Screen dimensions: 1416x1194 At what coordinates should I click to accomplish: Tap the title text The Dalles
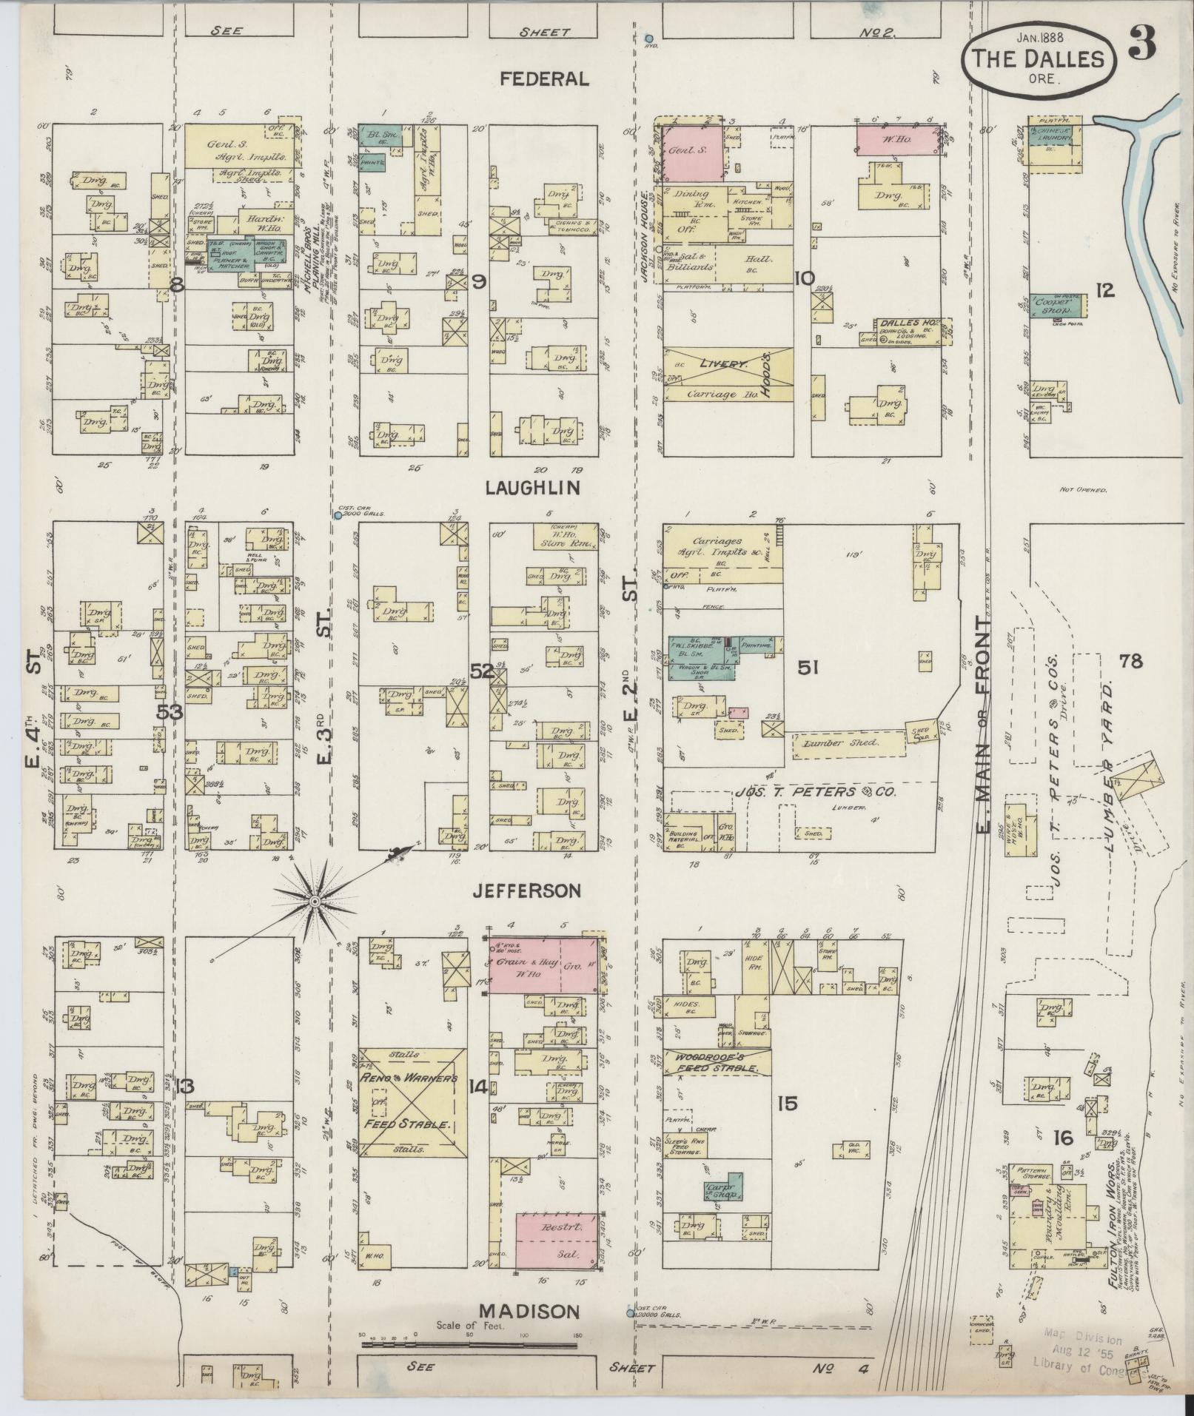coord(1039,59)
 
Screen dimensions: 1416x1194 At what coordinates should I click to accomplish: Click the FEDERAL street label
coord(544,79)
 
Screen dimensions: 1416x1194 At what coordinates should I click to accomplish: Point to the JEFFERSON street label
coord(527,891)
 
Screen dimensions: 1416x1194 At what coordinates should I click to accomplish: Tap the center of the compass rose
coord(315,902)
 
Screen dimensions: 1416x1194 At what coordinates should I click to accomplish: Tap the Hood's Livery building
coord(728,375)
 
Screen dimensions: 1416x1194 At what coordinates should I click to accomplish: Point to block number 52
coord(482,671)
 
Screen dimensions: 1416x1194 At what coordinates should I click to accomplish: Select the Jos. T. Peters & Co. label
coord(814,792)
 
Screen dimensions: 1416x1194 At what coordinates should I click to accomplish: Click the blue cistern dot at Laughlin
coord(337,515)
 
